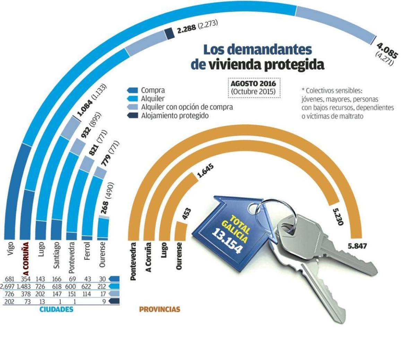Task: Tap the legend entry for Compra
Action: click(x=153, y=91)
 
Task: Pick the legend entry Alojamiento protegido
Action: click(x=175, y=115)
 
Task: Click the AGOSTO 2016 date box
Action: click(x=253, y=88)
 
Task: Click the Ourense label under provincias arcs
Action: click(x=180, y=256)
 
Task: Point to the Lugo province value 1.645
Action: click(x=205, y=171)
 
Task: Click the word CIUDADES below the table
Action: click(x=56, y=309)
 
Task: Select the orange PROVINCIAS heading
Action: click(x=159, y=309)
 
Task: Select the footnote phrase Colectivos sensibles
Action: click(x=333, y=91)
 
